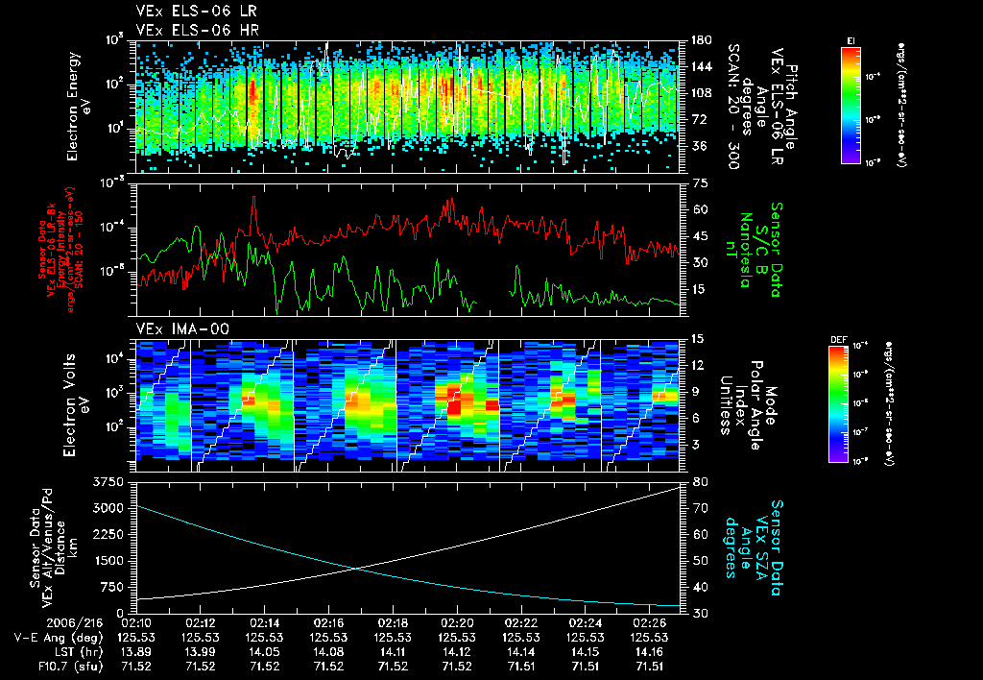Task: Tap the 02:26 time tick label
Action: click(x=648, y=622)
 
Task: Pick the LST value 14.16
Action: click(x=648, y=651)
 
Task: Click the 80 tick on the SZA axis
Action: click(x=701, y=481)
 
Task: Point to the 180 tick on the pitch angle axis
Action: click(x=700, y=40)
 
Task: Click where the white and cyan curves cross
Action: click(x=357, y=568)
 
